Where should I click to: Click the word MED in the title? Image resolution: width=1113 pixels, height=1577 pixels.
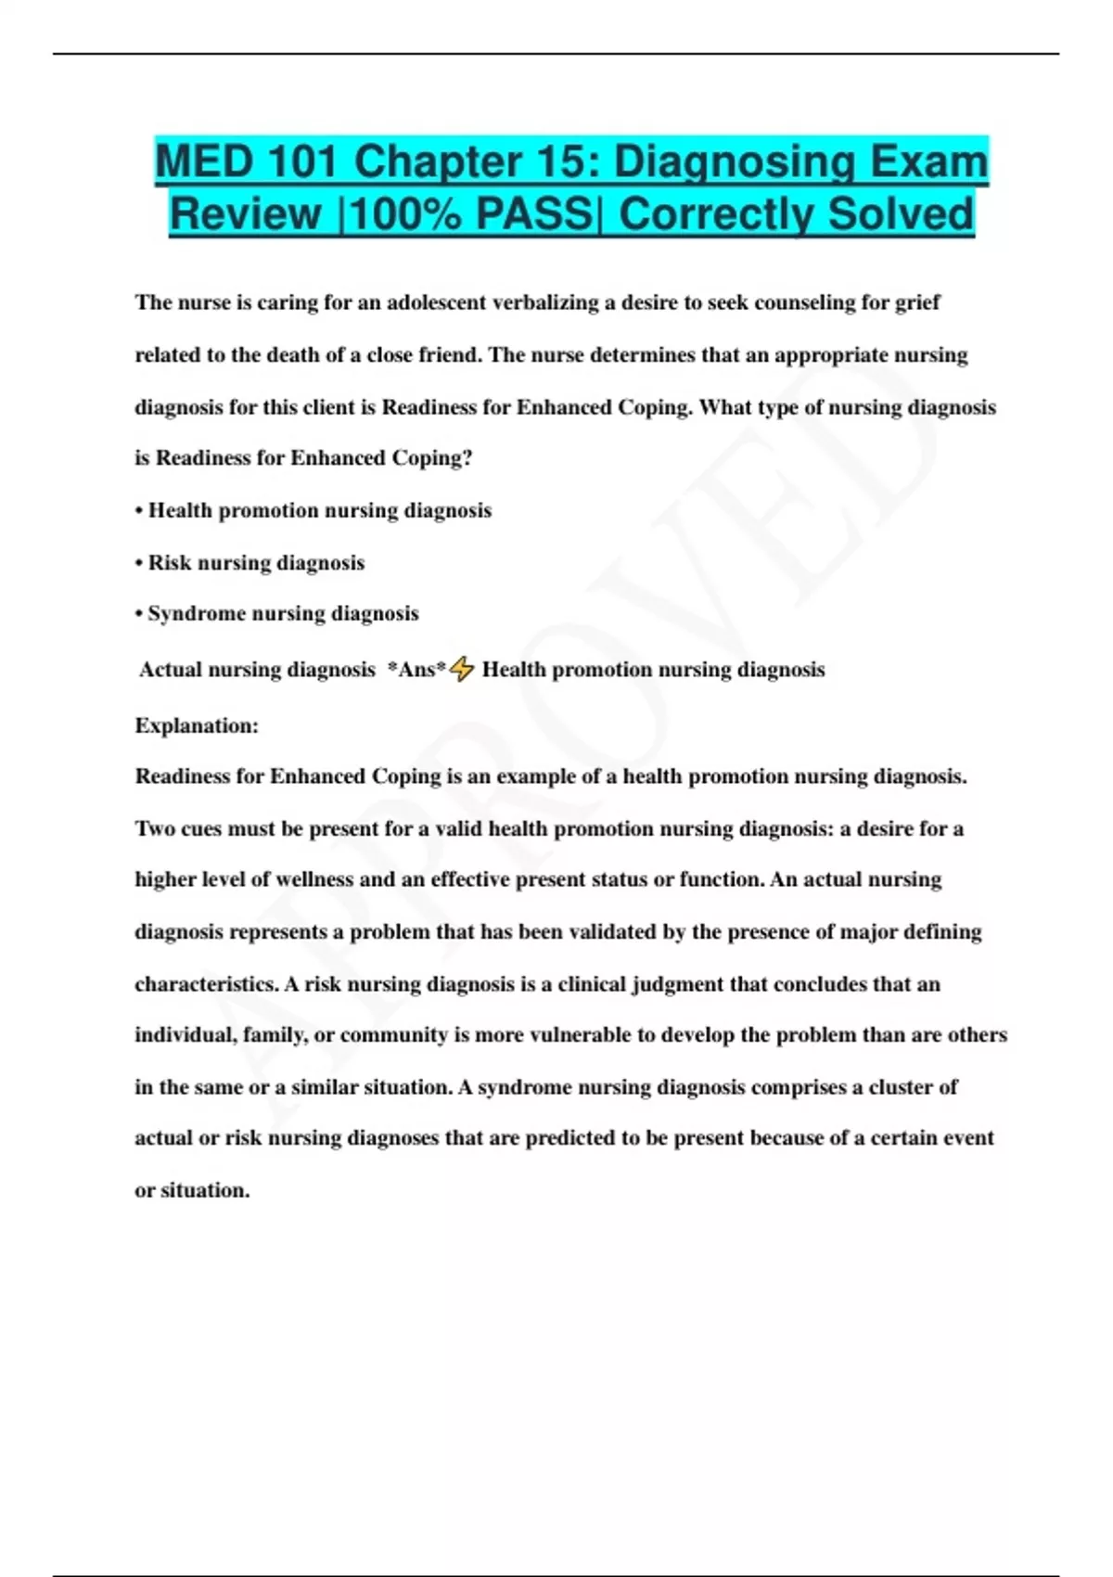point(203,161)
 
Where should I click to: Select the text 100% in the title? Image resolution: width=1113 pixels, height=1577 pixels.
point(404,214)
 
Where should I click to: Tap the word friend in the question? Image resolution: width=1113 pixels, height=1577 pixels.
point(450,355)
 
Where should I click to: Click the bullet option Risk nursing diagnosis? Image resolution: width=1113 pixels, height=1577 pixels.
point(256,563)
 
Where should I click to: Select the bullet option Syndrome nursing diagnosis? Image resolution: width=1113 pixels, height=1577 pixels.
point(283,614)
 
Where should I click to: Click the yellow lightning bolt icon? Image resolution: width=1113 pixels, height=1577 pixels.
point(462,669)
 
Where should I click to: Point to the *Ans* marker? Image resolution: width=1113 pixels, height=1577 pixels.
point(416,670)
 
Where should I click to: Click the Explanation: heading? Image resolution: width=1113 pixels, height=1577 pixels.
point(197,725)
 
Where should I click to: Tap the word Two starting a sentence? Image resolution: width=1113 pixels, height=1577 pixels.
point(155,828)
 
